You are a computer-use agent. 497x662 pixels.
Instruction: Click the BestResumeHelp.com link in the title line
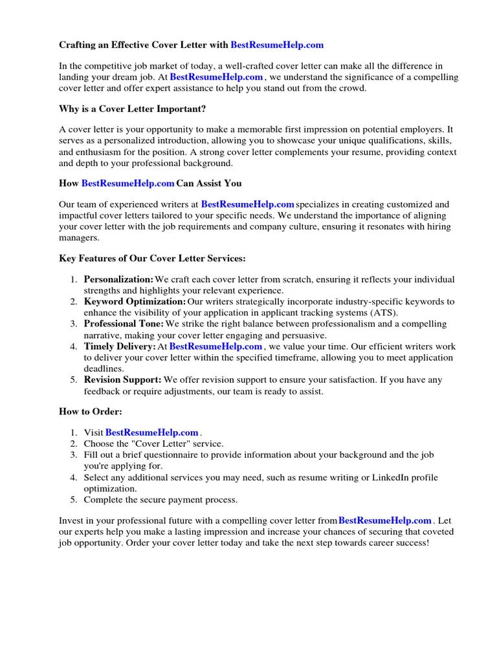pos(277,45)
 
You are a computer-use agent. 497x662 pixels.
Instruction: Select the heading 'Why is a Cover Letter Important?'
pos(133,109)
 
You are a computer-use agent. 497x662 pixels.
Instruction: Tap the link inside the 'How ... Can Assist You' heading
pos(128,184)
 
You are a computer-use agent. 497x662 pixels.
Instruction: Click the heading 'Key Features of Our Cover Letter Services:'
pos(152,259)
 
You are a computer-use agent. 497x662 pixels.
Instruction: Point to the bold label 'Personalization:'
pos(118,279)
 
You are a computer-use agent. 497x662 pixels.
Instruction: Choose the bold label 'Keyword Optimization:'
pos(135,301)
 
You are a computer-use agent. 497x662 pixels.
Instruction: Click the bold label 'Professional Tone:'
pos(124,324)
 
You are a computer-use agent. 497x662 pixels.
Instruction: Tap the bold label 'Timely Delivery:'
pos(120,347)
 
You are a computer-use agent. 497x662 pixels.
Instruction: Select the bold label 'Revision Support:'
pos(122,380)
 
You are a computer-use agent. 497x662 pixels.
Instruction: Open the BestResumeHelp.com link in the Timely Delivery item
pos(215,347)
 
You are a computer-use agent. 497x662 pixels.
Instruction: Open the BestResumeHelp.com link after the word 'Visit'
pos(151,432)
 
